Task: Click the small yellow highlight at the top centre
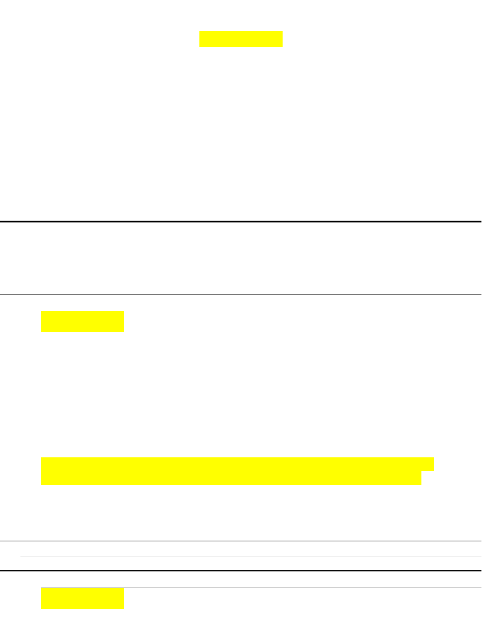[x=241, y=39]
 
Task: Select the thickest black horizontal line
[x=241, y=221]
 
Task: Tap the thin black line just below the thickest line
[x=241, y=294]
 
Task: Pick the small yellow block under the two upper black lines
[x=82, y=321]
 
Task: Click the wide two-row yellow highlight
[x=232, y=471]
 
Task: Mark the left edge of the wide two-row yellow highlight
[x=41, y=471]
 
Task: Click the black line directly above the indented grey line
[x=241, y=541]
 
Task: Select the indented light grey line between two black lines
[x=249, y=557]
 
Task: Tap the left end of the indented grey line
[x=22, y=557]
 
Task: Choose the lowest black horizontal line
[x=241, y=570]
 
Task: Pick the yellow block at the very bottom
[x=82, y=598]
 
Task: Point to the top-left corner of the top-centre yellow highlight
[x=200, y=32]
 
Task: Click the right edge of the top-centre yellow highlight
[x=282, y=39]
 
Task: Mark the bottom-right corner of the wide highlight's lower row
[x=421, y=485]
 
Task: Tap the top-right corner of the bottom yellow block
[x=123, y=588]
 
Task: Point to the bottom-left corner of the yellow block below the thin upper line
[x=41, y=331]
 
